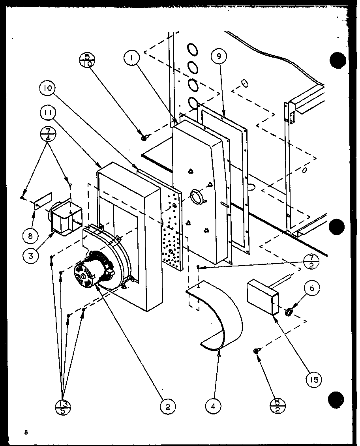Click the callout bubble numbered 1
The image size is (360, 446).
click(x=131, y=59)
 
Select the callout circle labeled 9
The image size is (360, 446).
click(x=219, y=56)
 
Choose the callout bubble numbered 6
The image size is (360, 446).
click(x=311, y=289)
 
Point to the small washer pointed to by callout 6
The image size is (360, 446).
click(x=289, y=313)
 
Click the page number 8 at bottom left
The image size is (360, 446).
click(x=26, y=432)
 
